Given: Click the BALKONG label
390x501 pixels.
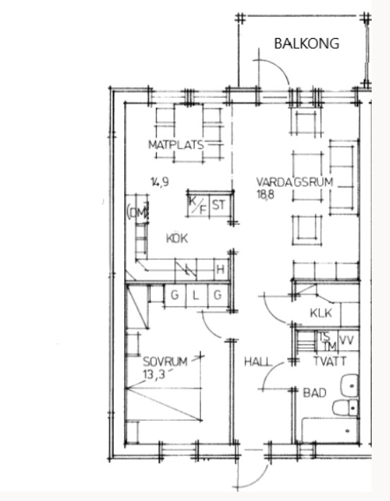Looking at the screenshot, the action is (307, 44).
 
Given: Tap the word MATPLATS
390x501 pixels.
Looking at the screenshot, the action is (176, 144).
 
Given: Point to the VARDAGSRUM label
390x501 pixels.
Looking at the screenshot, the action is (294, 182).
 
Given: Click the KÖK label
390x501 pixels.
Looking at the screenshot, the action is (177, 238).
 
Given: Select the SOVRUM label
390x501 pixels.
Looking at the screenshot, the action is (165, 361).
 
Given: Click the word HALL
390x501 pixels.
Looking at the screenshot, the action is (258, 361).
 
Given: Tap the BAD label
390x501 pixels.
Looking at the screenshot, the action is (315, 392).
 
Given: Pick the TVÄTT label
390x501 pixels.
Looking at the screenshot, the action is (330, 361).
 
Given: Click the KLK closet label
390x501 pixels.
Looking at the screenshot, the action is (321, 313).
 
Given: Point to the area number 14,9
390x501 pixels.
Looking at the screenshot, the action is (160, 182).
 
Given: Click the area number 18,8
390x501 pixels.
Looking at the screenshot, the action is (265, 194).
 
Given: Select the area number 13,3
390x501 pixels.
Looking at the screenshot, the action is (154, 374).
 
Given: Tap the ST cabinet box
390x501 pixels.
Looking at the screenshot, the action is (221, 205).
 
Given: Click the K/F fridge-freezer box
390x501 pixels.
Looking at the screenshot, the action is (198, 205).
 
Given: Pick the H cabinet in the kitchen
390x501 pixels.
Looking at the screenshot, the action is (221, 269).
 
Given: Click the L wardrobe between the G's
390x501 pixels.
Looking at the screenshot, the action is (196, 295).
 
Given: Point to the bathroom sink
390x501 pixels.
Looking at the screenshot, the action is (349, 385).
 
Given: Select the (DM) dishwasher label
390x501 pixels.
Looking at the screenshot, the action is (138, 212).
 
